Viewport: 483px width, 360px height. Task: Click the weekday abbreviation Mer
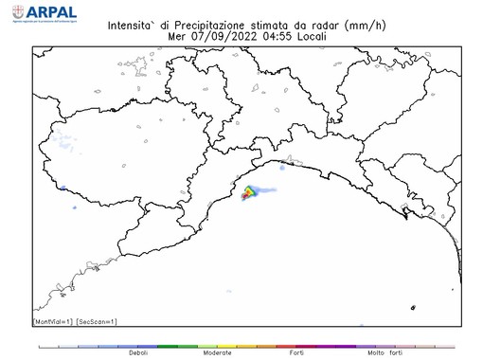(176, 36)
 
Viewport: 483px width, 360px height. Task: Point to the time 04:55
(279, 36)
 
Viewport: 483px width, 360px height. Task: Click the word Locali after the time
(316, 36)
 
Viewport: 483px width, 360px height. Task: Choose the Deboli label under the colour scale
(138, 353)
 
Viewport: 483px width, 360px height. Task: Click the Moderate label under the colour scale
(217, 353)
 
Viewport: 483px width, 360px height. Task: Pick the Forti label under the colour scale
(296, 353)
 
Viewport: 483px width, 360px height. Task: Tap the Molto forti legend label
(385, 353)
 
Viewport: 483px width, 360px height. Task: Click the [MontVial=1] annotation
(54, 322)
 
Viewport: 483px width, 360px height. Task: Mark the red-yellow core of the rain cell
(248, 193)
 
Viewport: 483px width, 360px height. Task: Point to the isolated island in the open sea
(413, 308)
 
